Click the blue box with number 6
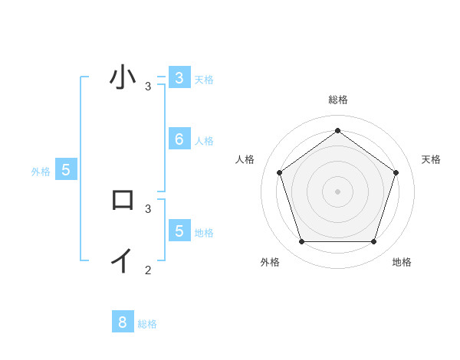click(179, 139)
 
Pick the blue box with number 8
click(123, 322)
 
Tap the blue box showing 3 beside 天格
click(179, 77)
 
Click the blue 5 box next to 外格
click(66, 170)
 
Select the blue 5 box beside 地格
click(179, 231)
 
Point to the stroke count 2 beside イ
click(148, 270)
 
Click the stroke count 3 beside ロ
click(148, 208)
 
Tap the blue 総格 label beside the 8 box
click(147, 324)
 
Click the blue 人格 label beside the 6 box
click(204, 141)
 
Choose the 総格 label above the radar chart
click(337, 100)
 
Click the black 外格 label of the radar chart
click(270, 262)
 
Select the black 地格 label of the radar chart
click(402, 262)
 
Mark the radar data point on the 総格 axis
click(337, 130)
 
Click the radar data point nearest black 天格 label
click(396, 172)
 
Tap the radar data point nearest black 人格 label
click(279, 172)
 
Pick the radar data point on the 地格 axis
click(373, 241)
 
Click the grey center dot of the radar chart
click(337, 191)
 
